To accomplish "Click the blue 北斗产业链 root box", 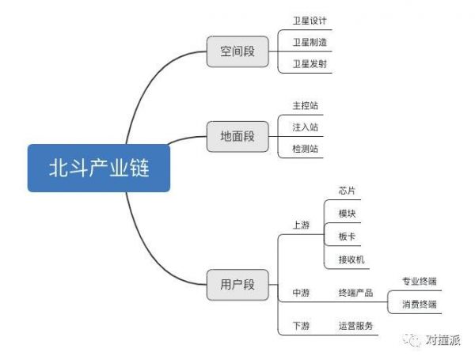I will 99,168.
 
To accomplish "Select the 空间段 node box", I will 237,52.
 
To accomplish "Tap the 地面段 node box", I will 237,137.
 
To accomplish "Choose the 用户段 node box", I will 237,284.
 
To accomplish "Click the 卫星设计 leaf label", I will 310,21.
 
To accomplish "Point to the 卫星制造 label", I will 310,42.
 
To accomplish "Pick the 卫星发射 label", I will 310,63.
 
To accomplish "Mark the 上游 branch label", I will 301,225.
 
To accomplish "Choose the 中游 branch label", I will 301,294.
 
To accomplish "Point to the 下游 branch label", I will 301,325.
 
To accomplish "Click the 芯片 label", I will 347,191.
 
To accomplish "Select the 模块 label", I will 347,214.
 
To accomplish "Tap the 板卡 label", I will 347,237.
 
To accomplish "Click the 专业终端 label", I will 420,281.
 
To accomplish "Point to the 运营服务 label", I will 355,325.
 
